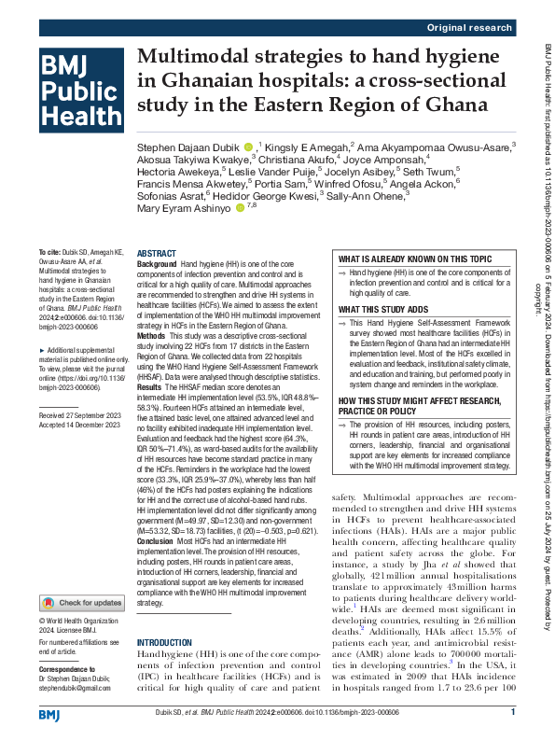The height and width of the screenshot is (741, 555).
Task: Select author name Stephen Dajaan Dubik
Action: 188,147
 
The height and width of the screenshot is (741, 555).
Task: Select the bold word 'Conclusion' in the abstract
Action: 155,541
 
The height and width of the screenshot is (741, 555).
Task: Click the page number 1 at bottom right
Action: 513,713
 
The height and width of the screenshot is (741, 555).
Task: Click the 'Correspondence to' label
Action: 66,643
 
